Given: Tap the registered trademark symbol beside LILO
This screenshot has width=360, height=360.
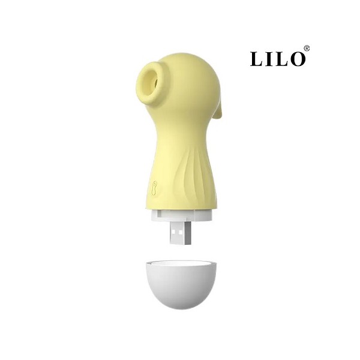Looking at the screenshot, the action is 307,49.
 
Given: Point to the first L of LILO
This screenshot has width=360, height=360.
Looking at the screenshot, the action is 256,59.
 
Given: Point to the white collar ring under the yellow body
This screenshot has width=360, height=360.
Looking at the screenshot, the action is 181,215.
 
